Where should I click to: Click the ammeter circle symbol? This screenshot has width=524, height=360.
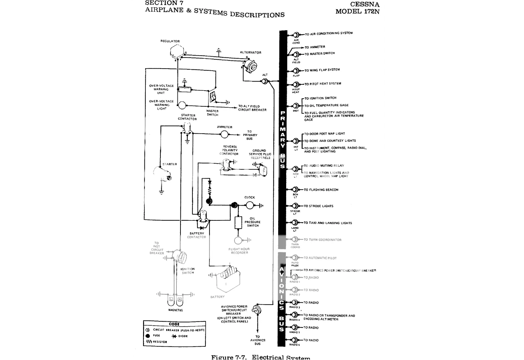tap(224, 134)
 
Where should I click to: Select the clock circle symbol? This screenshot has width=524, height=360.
tap(250, 205)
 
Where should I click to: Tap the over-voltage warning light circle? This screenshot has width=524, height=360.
tap(182, 105)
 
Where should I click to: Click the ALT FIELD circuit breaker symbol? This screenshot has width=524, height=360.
tap(296, 55)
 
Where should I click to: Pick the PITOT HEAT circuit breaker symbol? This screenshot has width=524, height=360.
tap(296, 85)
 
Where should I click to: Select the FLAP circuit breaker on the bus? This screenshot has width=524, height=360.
tap(296, 71)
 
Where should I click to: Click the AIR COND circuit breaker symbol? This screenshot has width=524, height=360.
tap(296, 35)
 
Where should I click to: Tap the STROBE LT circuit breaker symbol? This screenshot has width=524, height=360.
tap(295, 206)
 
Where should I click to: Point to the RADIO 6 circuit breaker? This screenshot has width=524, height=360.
tap(295, 340)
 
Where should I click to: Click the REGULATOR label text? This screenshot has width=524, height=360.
tap(170, 41)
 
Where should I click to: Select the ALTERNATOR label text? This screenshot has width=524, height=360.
tap(250, 52)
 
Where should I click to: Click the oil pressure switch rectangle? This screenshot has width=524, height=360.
tap(238, 222)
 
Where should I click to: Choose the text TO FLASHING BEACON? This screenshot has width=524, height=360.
tap(321, 190)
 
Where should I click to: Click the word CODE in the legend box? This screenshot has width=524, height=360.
tap(174, 324)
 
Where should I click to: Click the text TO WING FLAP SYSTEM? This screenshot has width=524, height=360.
tap(322, 70)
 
